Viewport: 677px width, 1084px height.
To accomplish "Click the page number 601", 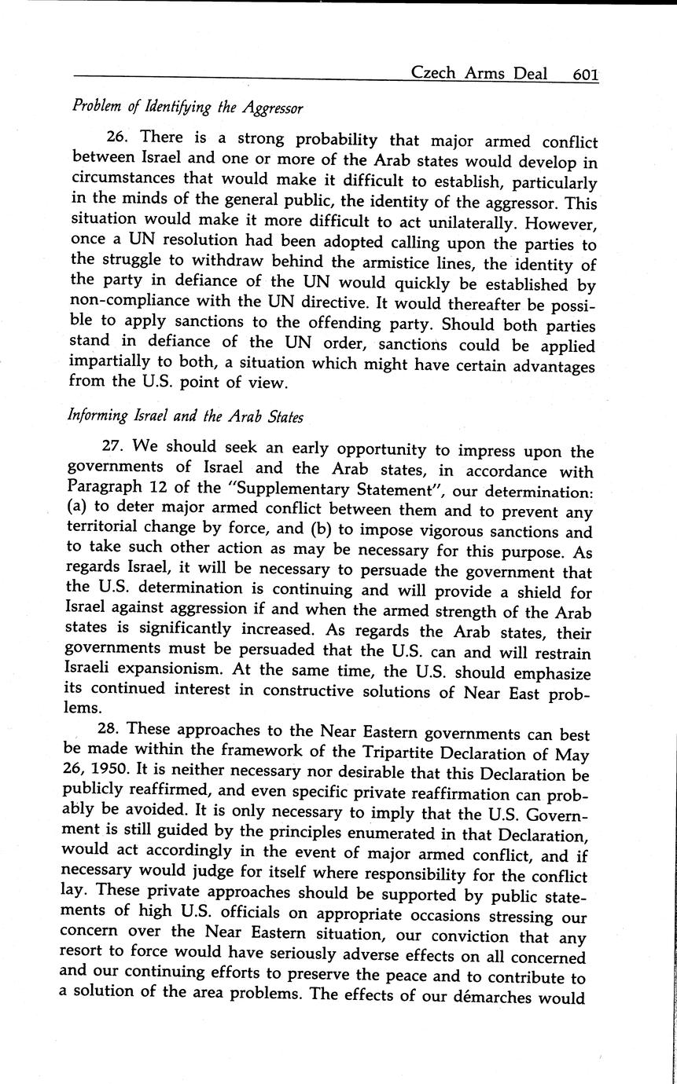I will click(586, 75).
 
